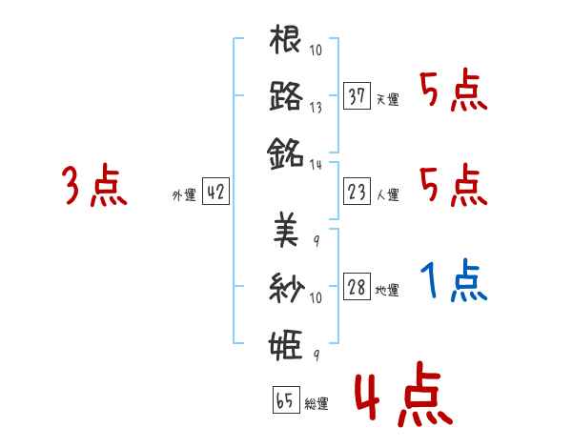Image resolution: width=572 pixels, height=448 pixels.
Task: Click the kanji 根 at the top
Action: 286,42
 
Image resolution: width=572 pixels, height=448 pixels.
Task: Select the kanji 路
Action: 286,96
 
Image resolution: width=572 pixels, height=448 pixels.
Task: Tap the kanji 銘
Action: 286,152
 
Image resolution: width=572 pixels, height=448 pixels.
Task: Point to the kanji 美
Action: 286,230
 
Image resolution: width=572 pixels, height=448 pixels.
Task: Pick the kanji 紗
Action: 286,285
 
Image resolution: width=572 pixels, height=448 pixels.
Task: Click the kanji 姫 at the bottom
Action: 286,340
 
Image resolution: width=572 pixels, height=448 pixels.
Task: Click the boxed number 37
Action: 357,96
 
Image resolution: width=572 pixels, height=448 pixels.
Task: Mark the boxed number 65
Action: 285,400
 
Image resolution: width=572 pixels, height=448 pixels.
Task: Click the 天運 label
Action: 387,99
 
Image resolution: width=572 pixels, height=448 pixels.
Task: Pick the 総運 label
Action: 317,403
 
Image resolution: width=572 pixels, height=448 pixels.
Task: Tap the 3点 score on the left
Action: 95,186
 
